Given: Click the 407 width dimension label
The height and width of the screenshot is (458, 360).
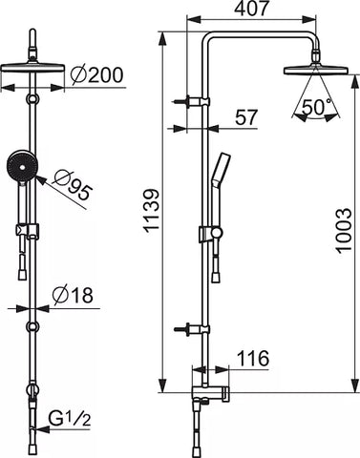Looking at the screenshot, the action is [251, 8].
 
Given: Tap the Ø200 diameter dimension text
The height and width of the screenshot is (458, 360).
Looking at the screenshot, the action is [96, 75].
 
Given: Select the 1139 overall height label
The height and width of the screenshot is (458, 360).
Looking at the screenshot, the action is [151, 210].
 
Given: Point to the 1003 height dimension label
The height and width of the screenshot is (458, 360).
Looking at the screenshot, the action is [344, 231].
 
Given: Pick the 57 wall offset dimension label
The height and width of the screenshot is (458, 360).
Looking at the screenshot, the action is [245, 117].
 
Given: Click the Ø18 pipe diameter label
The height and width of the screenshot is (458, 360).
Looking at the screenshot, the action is [73, 295].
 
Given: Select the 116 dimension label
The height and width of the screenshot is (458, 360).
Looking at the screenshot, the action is [253, 359].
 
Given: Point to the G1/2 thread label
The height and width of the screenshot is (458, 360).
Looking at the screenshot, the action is [70, 419].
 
